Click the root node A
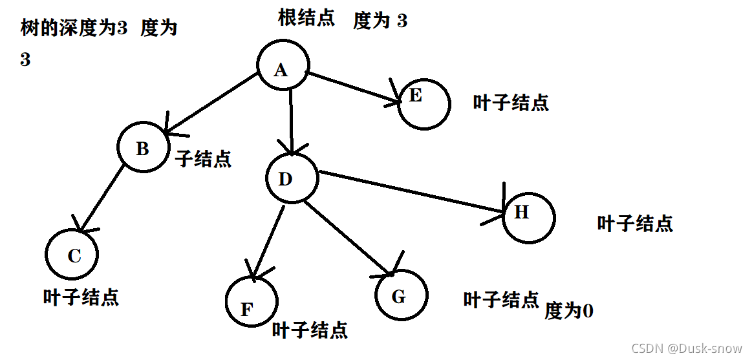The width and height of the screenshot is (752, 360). [x=283, y=67]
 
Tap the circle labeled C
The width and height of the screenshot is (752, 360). [x=72, y=255]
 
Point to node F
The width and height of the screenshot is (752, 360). [x=251, y=302]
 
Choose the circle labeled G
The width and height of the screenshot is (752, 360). [x=401, y=296]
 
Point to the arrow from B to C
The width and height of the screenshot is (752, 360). [x=102, y=196]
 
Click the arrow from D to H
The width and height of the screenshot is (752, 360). [x=411, y=191]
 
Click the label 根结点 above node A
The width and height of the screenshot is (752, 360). [x=306, y=17]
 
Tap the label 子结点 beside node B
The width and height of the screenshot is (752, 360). [x=203, y=158]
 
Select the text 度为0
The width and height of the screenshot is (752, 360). [x=568, y=312]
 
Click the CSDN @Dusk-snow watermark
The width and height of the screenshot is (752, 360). [x=686, y=348]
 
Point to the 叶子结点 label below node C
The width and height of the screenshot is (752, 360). [x=81, y=297]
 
